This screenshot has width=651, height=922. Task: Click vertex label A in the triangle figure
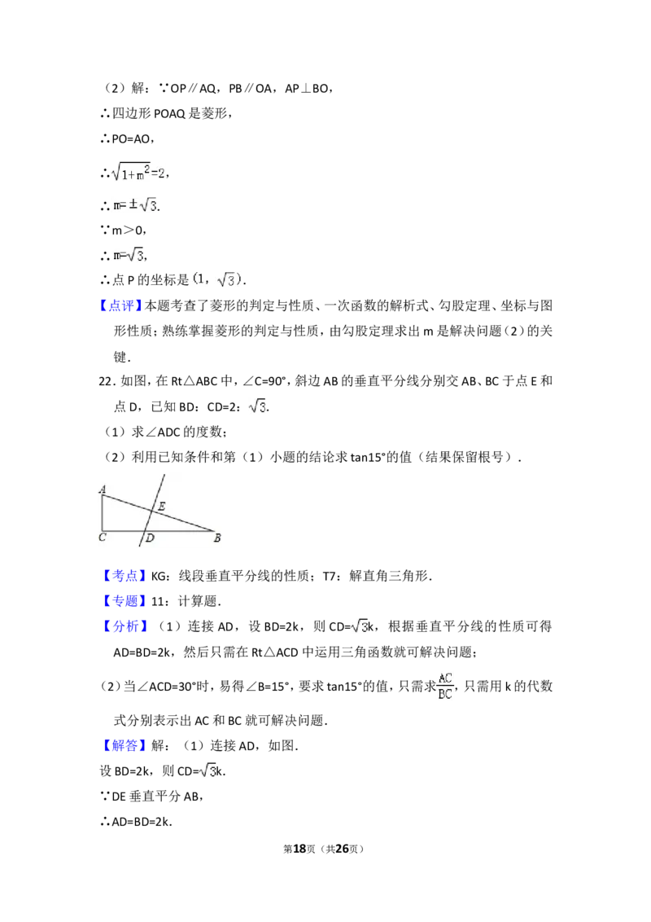click(103, 489)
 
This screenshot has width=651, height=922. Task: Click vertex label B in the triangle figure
click(217, 538)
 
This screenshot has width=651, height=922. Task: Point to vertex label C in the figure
click(103, 537)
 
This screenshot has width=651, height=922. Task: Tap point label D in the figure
click(150, 538)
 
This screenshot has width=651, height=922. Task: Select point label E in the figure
click(162, 506)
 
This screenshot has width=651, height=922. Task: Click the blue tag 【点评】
click(120, 305)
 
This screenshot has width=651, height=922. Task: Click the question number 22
click(106, 381)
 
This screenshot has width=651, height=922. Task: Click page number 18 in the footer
click(299, 849)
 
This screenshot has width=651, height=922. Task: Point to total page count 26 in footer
click(342, 849)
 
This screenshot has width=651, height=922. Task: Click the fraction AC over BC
click(445, 687)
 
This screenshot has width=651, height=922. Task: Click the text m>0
click(127, 230)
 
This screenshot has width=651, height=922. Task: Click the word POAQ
click(169, 113)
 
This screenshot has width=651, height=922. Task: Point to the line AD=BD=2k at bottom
click(142, 822)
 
